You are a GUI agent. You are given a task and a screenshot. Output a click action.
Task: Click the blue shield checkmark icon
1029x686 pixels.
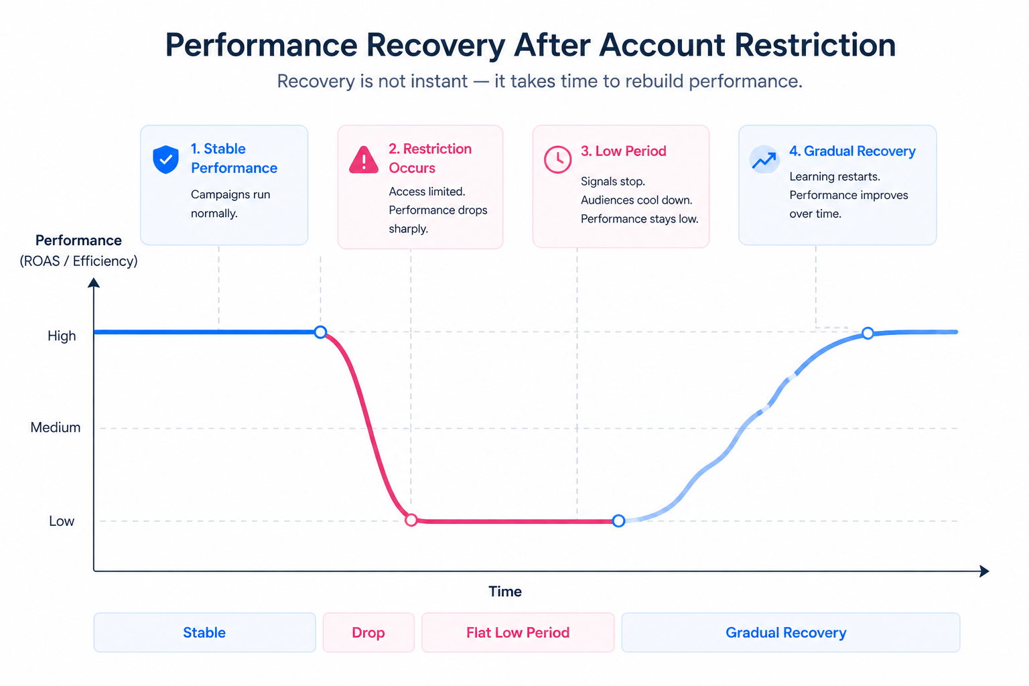(x=165, y=159)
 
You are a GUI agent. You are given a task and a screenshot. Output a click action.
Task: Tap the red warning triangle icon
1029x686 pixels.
(x=364, y=160)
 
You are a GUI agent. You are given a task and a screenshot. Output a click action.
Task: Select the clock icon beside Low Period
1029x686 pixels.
(x=557, y=159)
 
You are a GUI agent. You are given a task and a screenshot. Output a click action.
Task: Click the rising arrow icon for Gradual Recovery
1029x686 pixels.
(x=764, y=159)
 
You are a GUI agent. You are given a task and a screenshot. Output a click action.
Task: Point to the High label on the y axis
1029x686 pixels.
(x=62, y=336)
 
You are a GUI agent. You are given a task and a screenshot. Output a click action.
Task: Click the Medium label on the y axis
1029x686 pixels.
(x=56, y=427)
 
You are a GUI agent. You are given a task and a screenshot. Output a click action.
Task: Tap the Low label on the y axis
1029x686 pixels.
(x=62, y=521)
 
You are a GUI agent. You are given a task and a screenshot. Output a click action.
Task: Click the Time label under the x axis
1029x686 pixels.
(x=505, y=592)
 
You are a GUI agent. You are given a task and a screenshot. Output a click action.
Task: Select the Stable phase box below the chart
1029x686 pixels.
(x=204, y=632)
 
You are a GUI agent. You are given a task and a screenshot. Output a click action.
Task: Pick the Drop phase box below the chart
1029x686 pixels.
(x=368, y=632)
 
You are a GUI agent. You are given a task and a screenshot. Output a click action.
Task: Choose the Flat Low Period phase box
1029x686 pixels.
(x=518, y=632)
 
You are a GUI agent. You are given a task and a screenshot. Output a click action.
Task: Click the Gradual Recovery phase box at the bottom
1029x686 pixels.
(x=791, y=632)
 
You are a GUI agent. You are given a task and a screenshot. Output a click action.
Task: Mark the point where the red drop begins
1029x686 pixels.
(x=321, y=332)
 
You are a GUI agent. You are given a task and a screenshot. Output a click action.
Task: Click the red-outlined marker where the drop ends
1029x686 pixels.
(x=411, y=521)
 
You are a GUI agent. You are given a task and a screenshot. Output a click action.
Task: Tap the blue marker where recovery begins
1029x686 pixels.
(x=619, y=521)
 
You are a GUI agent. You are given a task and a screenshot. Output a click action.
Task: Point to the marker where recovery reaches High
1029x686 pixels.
(x=868, y=333)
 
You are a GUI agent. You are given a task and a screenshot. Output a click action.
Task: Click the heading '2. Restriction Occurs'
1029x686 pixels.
(x=430, y=158)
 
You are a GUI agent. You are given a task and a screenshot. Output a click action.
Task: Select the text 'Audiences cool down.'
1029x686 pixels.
(x=636, y=200)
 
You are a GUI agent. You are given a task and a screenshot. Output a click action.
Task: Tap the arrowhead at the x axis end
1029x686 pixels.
(x=984, y=571)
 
